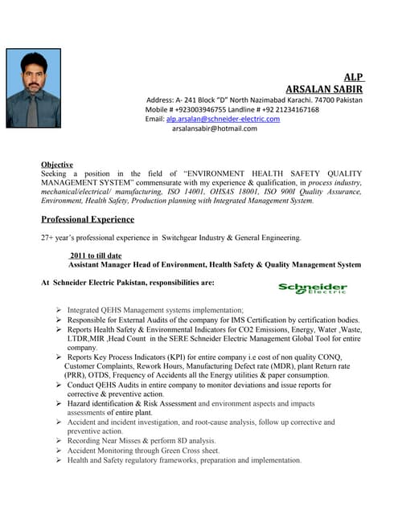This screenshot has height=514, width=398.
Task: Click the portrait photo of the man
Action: click(33, 88)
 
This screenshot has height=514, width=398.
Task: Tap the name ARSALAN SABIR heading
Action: click(324, 88)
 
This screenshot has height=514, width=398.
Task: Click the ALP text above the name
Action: click(353, 75)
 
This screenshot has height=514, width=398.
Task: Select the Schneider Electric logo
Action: click(313, 288)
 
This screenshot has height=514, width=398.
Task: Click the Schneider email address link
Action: click(223, 119)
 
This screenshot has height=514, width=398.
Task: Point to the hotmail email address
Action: click(214, 128)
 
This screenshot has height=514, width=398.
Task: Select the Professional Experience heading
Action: click(88, 218)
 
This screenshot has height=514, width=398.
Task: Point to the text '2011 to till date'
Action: click(98, 255)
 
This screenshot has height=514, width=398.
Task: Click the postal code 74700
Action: click(319, 100)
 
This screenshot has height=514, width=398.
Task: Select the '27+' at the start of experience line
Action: click(47, 238)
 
